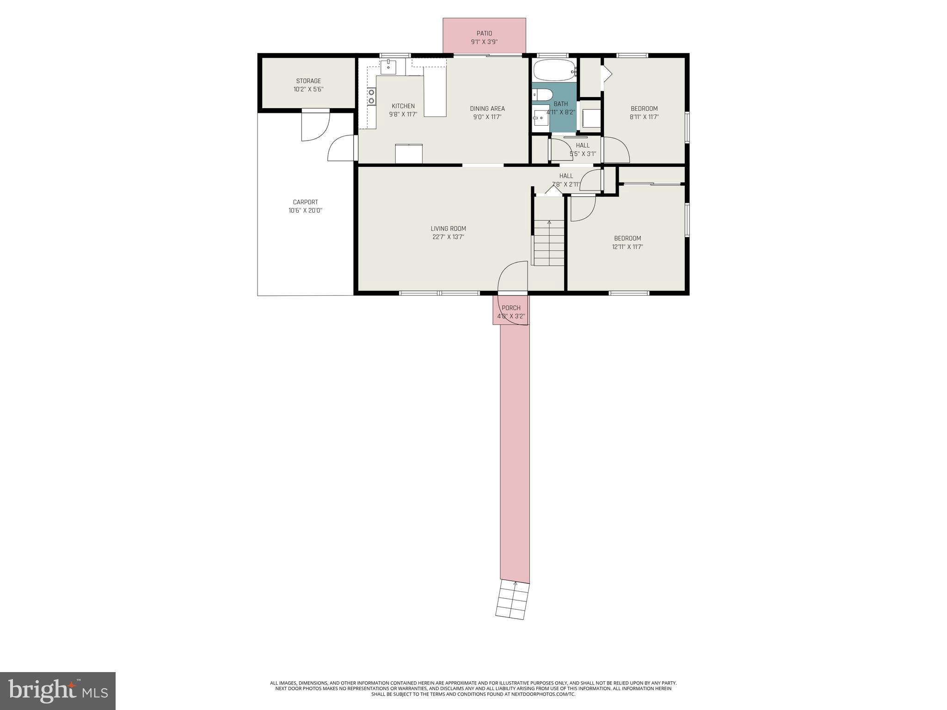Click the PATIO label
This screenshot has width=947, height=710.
tap(484, 33)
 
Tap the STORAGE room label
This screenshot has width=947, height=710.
tap(308, 81)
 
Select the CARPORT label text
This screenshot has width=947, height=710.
tap(305, 202)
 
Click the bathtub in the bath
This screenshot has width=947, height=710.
tap(554, 70)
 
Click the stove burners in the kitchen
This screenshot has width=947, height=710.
tap(371, 97)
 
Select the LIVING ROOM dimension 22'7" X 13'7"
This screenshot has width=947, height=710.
tap(448, 237)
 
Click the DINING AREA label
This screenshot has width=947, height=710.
tap(487, 109)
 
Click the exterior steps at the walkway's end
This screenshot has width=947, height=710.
tap(512, 600)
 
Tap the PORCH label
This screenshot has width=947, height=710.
tap(511, 308)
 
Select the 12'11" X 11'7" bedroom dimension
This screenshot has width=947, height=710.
tap(627, 247)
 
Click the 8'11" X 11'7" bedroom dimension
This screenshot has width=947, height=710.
tap(644, 117)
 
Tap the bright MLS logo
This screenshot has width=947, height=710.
tap(57, 691)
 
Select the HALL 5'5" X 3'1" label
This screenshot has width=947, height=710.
tap(582, 149)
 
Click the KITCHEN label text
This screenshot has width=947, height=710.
tap(403, 106)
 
